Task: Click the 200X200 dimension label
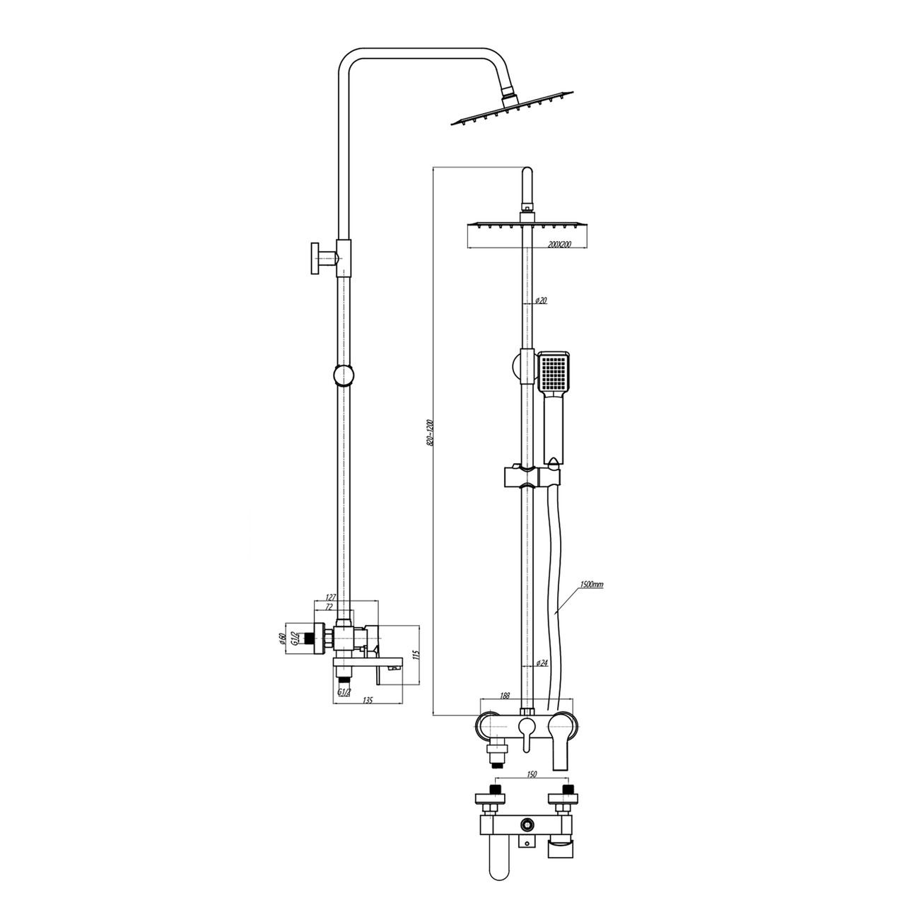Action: point(559,245)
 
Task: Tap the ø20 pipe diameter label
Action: point(541,300)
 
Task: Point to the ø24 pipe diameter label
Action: point(542,663)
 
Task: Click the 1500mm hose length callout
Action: point(591,585)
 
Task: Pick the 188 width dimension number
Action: point(504,709)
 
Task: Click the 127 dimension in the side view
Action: point(331,597)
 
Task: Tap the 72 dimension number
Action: point(329,607)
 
